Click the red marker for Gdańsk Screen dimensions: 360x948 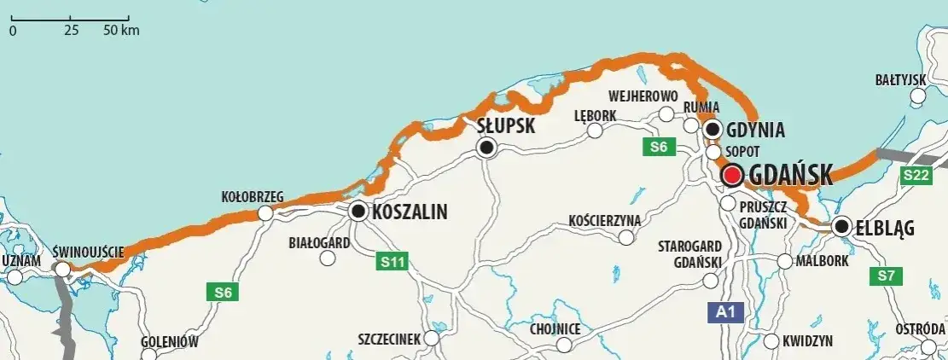pyautogui.click(x=732, y=176)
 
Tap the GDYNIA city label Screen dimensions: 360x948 pyautogui.click(x=755, y=130)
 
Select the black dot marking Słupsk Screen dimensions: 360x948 pyautogui.click(x=486, y=148)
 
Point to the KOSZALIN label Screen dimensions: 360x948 pyautogui.click(x=410, y=212)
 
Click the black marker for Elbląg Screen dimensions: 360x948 pyautogui.click(x=843, y=227)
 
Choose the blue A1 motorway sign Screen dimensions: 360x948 pyautogui.click(x=722, y=312)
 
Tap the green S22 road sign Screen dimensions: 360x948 pyautogui.click(x=916, y=174)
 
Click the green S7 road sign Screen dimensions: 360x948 pyautogui.click(x=883, y=276)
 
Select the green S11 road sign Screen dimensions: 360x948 pyautogui.click(x=393, y=262)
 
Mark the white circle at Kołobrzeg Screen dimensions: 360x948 pyautogui.click(x=265, y=212)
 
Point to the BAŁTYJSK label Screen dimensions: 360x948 pyautogui.click(x=900, y=79)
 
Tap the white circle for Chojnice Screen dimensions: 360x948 pyautogui.click(x=564, y=345)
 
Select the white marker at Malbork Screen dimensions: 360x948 pyautogui.click(x=786, y=261)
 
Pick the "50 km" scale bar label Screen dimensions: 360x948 pyautogui.click(x=121, y=31)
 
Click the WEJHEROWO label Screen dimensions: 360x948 pyautogui.click(x=643, y=96)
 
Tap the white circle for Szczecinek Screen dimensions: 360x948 pyautogui.click(x=431, y=339)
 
